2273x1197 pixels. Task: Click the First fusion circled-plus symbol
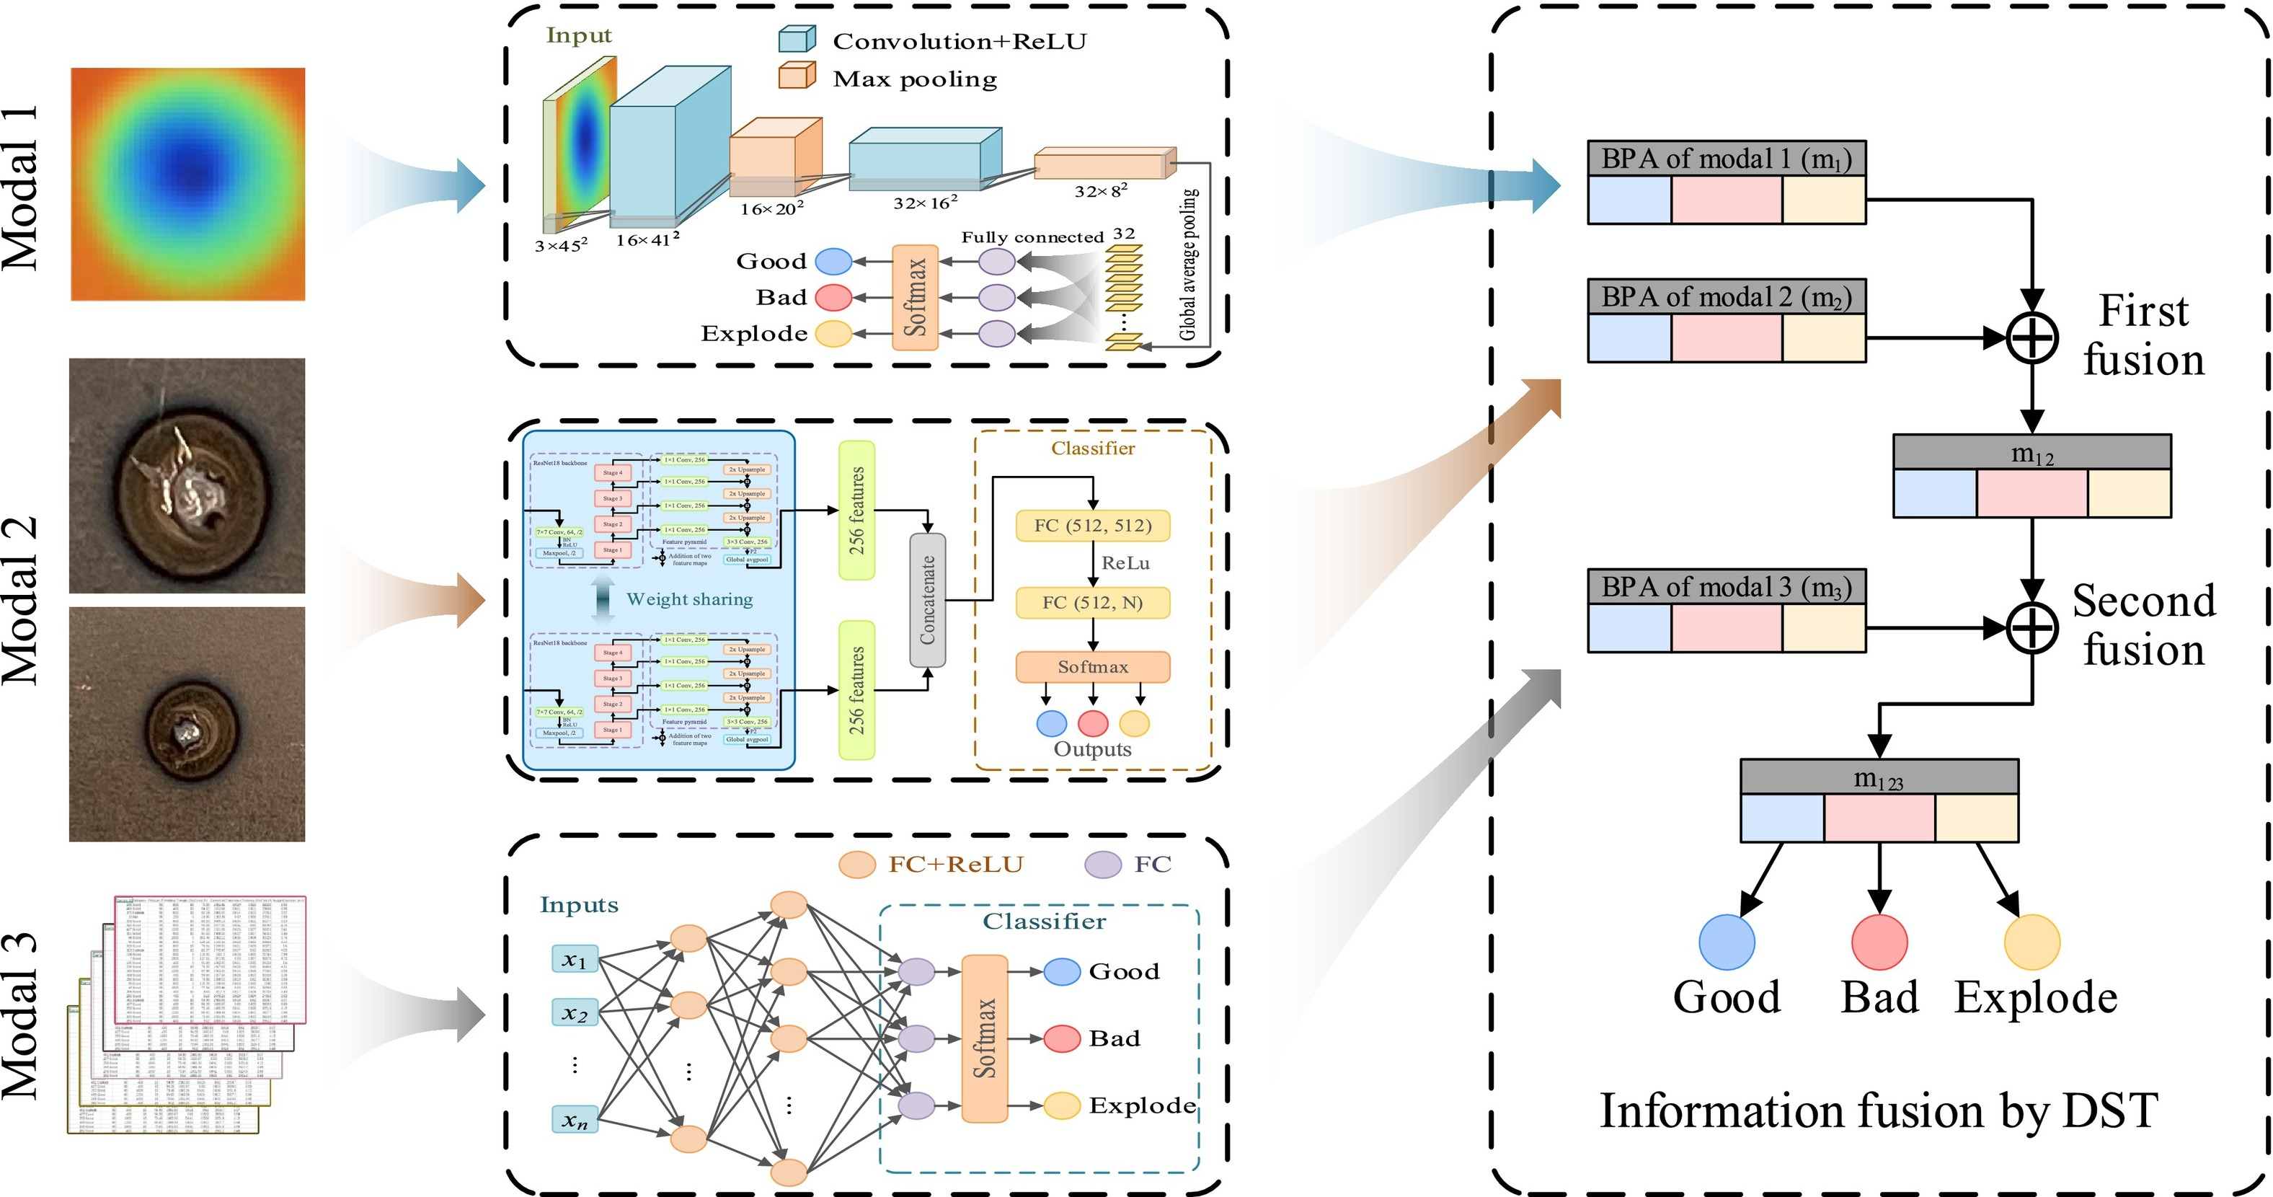2032,338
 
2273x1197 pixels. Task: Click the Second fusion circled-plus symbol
2032,627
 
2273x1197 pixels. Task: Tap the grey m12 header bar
2032,453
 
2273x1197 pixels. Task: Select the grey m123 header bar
1879,777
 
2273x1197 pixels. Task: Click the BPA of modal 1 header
1726,159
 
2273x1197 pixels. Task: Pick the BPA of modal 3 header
1726,587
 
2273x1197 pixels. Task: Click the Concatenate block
927,600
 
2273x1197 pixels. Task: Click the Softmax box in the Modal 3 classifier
985,1038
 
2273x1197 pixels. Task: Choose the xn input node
575,1120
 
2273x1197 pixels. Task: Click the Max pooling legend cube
796,76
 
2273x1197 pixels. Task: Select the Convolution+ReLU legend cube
796,39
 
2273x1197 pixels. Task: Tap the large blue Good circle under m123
1727,942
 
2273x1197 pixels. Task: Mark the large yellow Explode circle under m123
2032,942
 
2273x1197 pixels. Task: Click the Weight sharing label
689,599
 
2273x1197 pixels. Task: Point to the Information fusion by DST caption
1879,1110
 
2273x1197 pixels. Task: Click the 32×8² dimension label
1100,190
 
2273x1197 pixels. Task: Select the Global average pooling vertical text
1189,265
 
